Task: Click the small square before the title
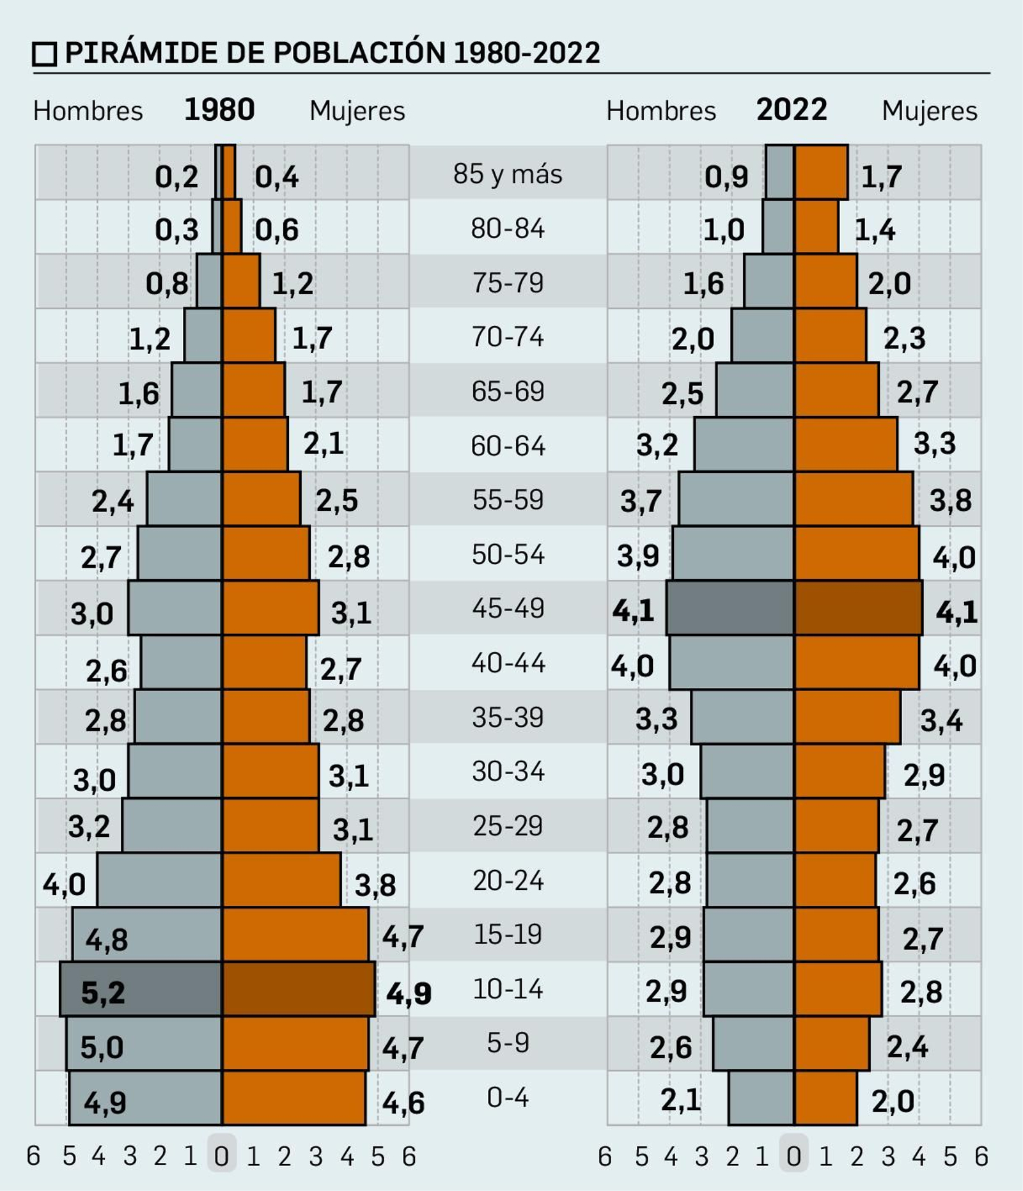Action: click(45, 54)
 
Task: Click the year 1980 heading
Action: click(219, 110)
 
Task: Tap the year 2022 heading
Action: click(792, 110)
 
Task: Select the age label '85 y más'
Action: click(508, 174)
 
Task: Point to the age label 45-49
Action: click(508, 608)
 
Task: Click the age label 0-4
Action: click(508, 1097)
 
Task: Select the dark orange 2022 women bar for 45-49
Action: click(858, 608)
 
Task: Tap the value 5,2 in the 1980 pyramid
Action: click(103, 992)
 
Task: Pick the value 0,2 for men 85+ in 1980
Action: click(176, 176)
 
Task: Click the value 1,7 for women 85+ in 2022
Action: click(881, 176)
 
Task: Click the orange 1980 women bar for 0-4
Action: click(293, 1098)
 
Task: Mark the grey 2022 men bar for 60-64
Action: click(744, 444)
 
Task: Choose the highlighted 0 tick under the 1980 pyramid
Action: click(221, 1156)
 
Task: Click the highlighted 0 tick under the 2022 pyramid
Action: click(793, 1156)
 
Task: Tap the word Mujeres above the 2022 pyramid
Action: click(929, 111)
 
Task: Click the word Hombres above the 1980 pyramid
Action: click(88, 111)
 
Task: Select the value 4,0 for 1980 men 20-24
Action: click(64, 885)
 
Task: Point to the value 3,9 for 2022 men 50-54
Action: click(637, 555)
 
